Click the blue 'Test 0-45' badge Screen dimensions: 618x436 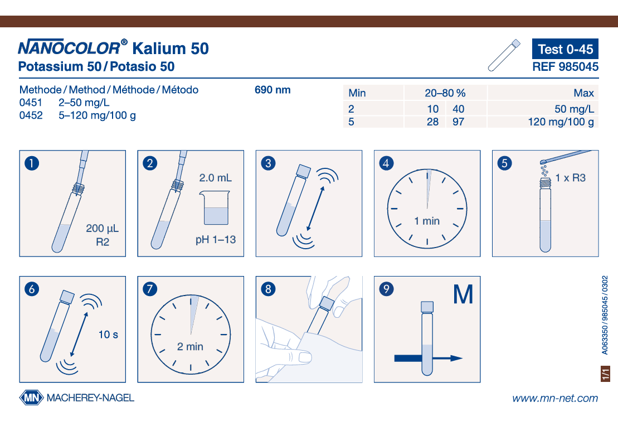tap(565, 49)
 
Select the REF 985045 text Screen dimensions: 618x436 tap(565, 66)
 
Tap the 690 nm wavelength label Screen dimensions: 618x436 tap(272, 90)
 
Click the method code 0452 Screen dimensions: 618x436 tap(31, 115)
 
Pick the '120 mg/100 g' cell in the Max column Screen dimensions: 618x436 tap(561, 122)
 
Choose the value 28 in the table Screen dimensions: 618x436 tap(432, 122)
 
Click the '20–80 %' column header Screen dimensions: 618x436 tap(445, 93)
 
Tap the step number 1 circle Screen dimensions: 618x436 tap(32, 163)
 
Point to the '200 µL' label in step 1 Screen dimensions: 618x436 tap(102, 228)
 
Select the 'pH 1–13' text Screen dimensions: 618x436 tap(216, 240)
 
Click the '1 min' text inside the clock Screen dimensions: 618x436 tap(427, 221)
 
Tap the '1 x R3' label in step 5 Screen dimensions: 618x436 tap(570, 178)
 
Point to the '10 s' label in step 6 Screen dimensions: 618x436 tap(108, 335)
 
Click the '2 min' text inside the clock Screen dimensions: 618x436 tap(190, 346)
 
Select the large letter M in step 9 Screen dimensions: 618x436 tap(463, 294)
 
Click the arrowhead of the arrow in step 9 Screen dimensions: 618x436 tap(456, 359)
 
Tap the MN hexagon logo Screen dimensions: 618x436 tap(31, 398)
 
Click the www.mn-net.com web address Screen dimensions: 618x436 tap(555, 398)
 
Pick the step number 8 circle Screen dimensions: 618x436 tap(269, 289)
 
